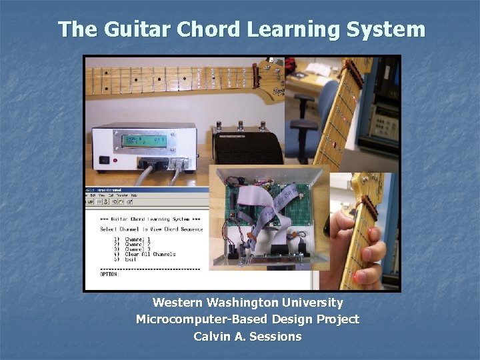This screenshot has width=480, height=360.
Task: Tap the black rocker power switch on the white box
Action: click(x=105, y=160)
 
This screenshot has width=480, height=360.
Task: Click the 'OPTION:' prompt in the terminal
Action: click(x=109, y=274)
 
